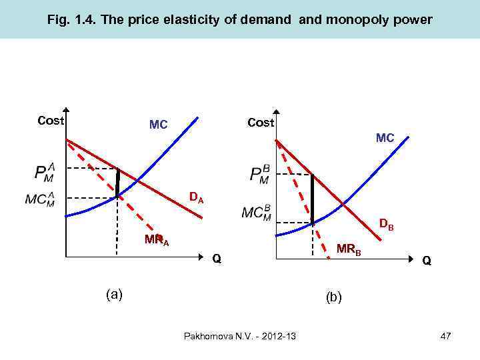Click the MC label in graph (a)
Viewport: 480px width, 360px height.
click(x=158, y=125)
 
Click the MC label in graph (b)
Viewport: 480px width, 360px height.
click(x=385, y=138)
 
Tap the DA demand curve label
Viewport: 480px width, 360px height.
click(x=196, y=197)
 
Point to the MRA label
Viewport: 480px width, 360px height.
click(x=157, y=241)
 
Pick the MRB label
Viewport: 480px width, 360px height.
click(x=349, y=250)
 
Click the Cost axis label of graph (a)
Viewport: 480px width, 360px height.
click(x=51, y=121)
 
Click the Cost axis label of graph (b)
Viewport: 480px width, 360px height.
click(x=261, y=123)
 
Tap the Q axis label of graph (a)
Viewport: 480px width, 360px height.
click(x=216, y=258)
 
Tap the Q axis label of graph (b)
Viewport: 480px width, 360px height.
click(x=426, y=261)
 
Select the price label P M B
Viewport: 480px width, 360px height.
click(x=259, y=175)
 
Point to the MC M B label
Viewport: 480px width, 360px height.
click(x=257, y=213)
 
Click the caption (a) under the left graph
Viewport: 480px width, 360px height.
click(x=114, y=293)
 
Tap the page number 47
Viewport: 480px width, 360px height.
click(x=445, y=336)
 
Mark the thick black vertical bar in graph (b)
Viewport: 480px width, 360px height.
click(x=312, y=199)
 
